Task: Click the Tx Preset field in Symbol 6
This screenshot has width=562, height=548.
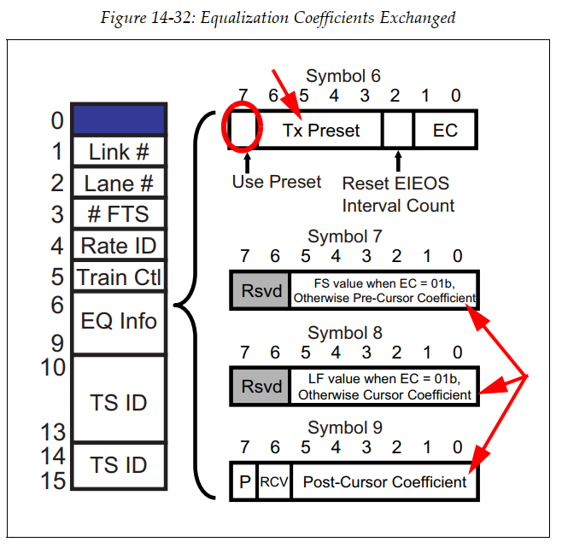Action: tap(321, 131)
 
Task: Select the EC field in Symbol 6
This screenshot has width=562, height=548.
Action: tap(445, 131)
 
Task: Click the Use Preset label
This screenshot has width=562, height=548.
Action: tap(277, 182)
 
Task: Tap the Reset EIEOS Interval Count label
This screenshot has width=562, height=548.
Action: tap(398, 194)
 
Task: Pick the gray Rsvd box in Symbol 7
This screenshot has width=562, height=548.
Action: tap(261, 290)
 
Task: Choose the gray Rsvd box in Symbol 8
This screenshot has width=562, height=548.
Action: tap(261, 387)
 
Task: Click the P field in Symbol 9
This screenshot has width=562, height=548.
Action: tap(243, 482)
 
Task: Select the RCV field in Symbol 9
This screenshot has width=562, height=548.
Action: tap(274, 482)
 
